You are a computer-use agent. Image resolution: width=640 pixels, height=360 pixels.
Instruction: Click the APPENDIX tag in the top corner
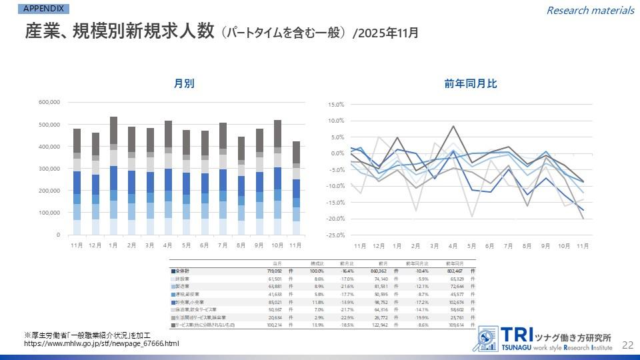coord(44,9)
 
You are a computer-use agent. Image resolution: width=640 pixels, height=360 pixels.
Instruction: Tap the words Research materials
coord(590,10)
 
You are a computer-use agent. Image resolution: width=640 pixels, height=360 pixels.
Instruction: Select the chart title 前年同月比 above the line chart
coord(471,83)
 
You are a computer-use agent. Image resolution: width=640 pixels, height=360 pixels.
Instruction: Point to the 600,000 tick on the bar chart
coord(50,102)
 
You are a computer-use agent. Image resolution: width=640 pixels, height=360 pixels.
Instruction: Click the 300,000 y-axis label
coord(50,169)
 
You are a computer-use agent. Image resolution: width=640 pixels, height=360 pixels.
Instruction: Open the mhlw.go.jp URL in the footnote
coord(101,343)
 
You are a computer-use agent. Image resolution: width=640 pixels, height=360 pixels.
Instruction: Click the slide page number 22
coord(627,345)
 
